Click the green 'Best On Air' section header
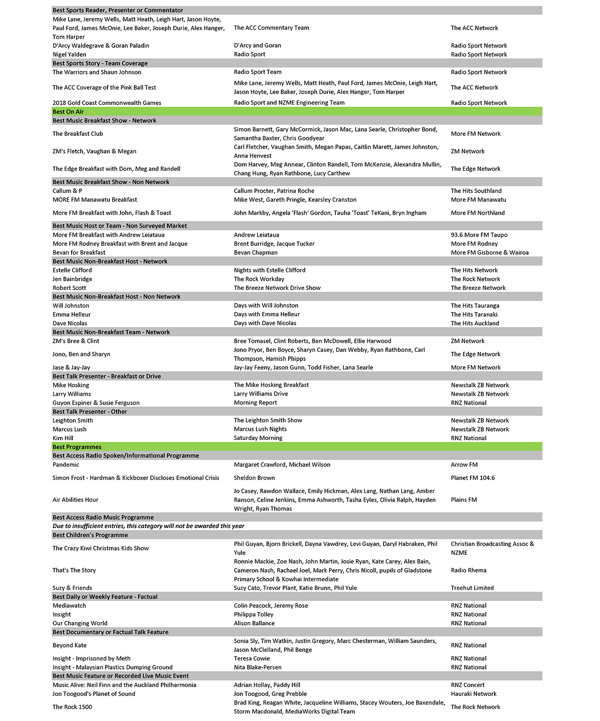(x=68, y=112)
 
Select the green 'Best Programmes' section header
(x=77, y=447)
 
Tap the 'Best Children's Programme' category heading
(x=90, y=535)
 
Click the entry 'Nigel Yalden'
(x=70, y=55)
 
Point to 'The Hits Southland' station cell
(x=476, y=191)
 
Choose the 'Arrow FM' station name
(x=464, y=465)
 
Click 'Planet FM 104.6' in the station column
(x=472, y=478)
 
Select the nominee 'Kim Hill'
(x=63, y=438)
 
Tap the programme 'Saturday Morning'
(x=258, y=438)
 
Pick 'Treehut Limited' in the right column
(x=472, y=588)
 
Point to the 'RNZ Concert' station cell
(x=468, y=685)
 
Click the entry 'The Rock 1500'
(x=72, y=707)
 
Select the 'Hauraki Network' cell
(x=473, y=694)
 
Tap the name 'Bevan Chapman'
(x=255, y=252)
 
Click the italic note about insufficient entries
(x=148, y=526)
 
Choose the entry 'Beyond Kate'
(x=70, y=646)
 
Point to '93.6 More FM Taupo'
(x=479, y=235)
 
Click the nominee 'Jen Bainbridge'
(x=72, y=279)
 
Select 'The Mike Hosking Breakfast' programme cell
(x=271, y=385)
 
